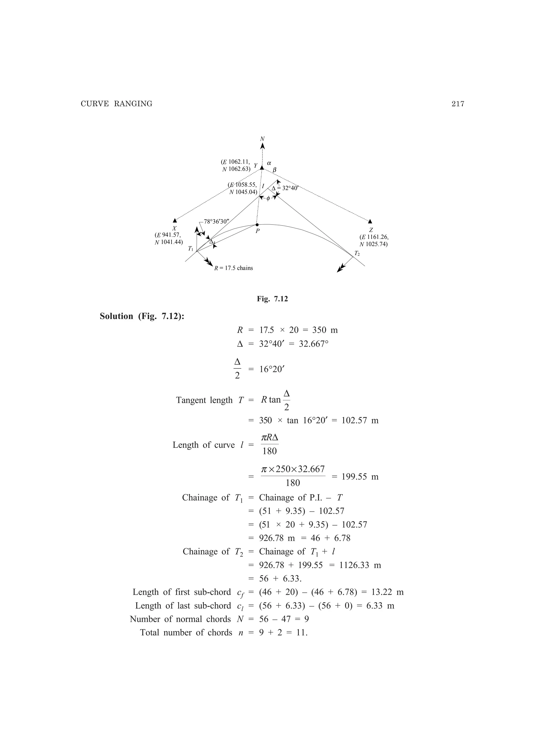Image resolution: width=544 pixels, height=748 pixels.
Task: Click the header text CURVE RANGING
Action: tap(117, 104)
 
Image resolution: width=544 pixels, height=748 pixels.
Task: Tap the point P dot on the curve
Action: tap(257, 225)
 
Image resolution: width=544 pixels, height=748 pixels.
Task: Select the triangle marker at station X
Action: tap(175, 221)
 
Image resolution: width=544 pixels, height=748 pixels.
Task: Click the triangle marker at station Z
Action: tap(370, 221)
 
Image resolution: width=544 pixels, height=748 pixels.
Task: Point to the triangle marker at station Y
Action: tap(262, 168)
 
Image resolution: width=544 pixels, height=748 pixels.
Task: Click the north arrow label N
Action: tap(262, 139)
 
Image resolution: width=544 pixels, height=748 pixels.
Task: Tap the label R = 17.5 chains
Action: tap(234, 268)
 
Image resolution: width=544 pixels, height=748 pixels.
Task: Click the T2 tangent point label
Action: tap(357, 253)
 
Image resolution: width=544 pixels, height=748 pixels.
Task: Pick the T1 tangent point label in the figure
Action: tap(190, 249)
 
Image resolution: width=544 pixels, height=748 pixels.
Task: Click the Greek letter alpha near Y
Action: tap(269, 163)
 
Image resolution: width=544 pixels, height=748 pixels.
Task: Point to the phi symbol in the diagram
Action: tap(268, 198)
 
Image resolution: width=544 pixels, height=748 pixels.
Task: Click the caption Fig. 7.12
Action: tap(272, 299)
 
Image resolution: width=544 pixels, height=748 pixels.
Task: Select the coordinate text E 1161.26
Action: tap(374, 237)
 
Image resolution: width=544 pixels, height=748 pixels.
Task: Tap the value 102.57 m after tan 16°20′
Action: tap(360, 420)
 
